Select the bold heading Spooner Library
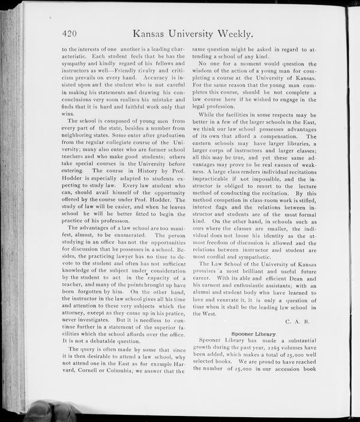click(254, 333)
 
